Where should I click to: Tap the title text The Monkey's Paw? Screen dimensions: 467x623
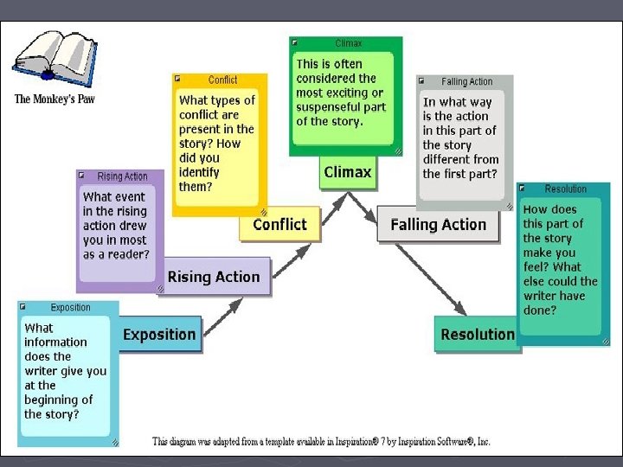pos(55,99)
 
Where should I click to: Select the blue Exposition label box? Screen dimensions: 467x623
pos(159,335)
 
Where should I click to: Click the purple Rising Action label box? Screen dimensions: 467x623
pos(214,277)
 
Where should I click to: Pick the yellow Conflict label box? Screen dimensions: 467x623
pos(279,225)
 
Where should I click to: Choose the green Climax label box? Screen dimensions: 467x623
pos(347,172)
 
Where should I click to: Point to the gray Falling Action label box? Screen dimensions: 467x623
pos(438,225)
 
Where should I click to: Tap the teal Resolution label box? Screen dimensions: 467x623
pos(477,335)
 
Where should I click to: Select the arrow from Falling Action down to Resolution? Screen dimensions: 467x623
pos(430,278)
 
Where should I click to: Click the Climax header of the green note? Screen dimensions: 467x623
pos(349,43)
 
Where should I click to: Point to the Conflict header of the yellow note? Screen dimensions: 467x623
pos(223,80)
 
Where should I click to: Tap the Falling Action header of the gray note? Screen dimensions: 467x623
pos(467,82)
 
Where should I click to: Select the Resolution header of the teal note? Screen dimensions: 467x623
pos(566,189)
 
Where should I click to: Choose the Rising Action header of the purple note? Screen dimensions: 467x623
pos(123,176)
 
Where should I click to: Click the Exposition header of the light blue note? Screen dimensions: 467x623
pos(71,308)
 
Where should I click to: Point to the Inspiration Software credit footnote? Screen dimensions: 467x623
pos(321,442)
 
